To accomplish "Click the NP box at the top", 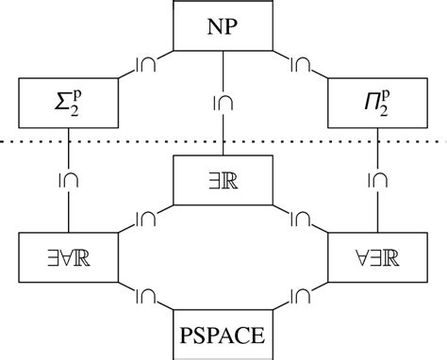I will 223,25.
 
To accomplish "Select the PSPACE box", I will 223,334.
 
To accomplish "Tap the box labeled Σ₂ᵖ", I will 69,102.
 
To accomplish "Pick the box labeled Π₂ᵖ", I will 377,102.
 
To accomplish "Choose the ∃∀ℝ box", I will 69,256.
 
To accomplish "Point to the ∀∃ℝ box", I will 377,256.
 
